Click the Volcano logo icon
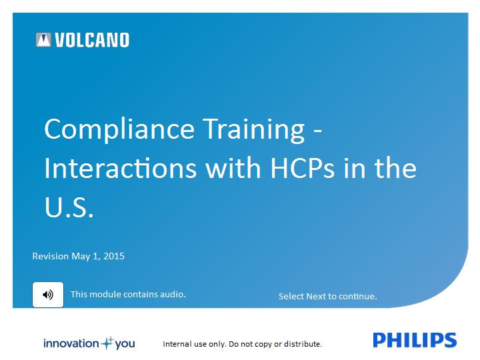coord(43,40)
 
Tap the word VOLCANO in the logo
coord(92,40)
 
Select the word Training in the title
coord(254,130)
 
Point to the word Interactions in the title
coord(120,168)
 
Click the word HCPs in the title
coord(303,169)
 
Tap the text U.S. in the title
coord(69,207)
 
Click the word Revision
coord(51,256)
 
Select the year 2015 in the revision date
coord(114,256)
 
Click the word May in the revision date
coord(81,257)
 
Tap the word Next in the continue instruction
coord(316,296)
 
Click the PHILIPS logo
coord(415,340)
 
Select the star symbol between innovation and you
coord(107,343)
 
